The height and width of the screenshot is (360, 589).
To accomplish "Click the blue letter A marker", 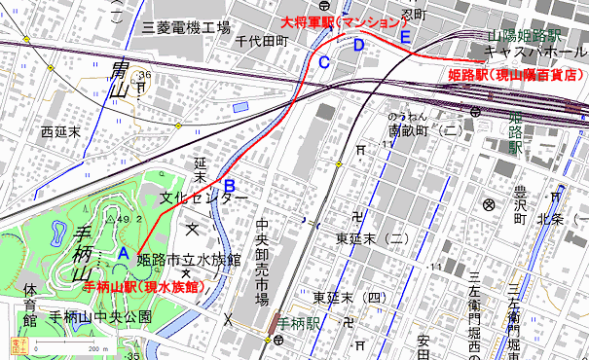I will click(123, 252).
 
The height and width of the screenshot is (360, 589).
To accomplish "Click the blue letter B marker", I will click(230, 185).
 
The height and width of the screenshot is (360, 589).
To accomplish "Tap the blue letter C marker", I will click(324, 62).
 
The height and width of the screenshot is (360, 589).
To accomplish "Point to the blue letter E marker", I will click(404, 37).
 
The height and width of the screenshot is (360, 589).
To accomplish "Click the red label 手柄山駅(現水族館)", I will click(142, 287).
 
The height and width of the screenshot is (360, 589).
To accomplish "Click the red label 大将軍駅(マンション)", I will click(340, 21).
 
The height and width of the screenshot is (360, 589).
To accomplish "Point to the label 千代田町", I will click(263, 42).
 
